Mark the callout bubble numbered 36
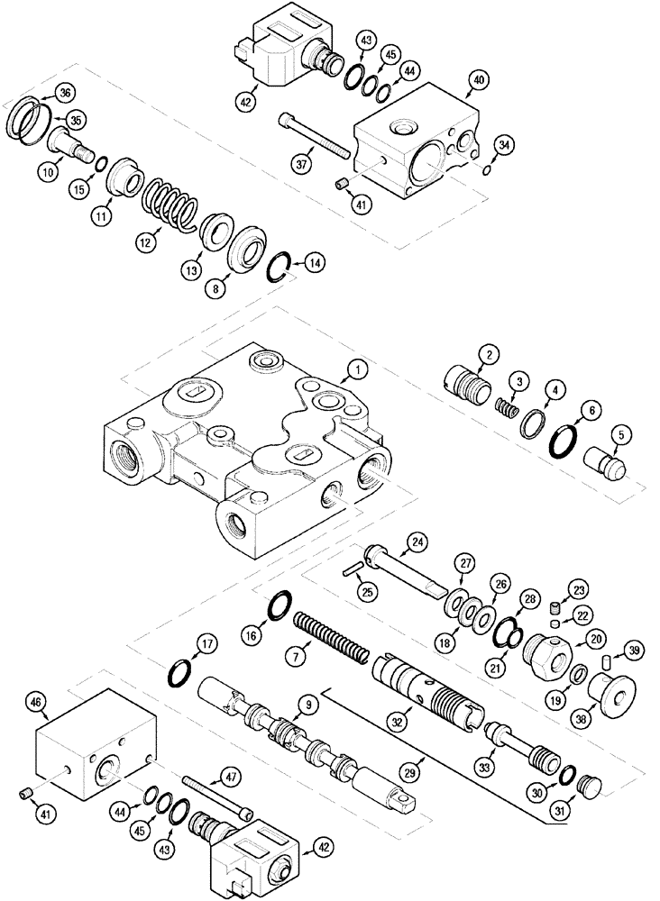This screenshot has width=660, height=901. [67, 92]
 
